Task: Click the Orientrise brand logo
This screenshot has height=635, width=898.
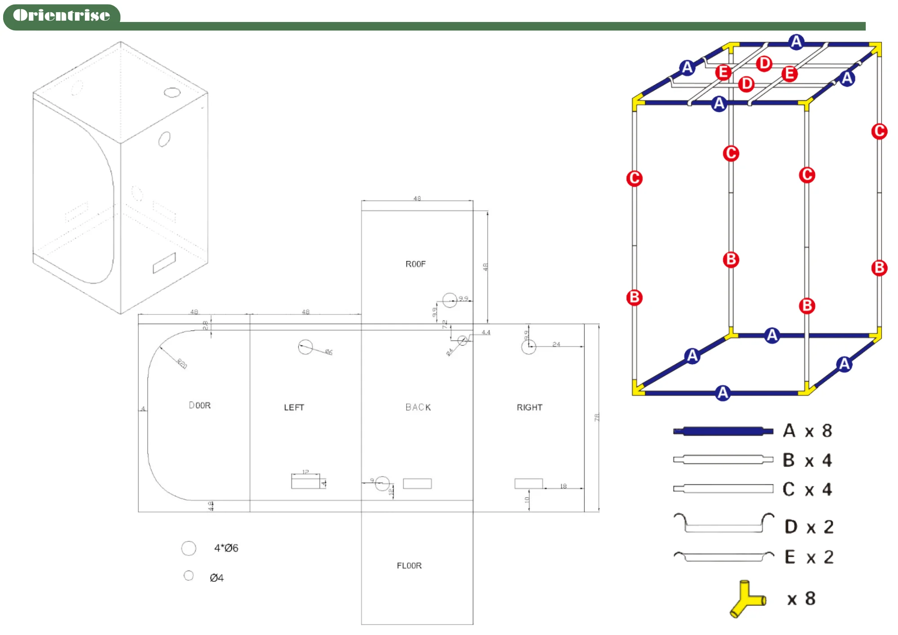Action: click(62, 16)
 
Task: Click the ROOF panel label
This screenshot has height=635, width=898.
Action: click(415, 264)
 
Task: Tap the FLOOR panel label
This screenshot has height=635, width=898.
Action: click(409, 565)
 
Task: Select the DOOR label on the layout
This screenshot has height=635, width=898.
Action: click(200, 405)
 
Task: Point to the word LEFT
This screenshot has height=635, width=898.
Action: click(294, 407)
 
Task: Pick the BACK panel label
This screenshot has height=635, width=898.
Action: click(418, 407)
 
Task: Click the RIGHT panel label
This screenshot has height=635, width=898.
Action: click(529, 407)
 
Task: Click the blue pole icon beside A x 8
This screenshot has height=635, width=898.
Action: click(723, 431)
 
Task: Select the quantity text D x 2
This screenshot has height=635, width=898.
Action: click(809, 527)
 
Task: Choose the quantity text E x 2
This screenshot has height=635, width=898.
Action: click(809, 557)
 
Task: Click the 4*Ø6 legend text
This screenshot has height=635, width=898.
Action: click(226, 548)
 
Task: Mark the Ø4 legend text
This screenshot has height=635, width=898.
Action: click(216, 578)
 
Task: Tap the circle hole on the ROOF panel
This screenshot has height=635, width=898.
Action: click(449, 300)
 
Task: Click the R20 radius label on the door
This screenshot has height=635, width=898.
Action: click(182, 363)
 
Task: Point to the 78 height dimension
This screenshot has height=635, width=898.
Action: click(597, 417)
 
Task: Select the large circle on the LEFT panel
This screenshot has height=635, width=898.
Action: click(305, 347)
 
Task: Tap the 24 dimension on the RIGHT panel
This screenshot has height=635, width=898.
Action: click(556, 344)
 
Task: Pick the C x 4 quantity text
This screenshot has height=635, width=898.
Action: click(807, 489)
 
